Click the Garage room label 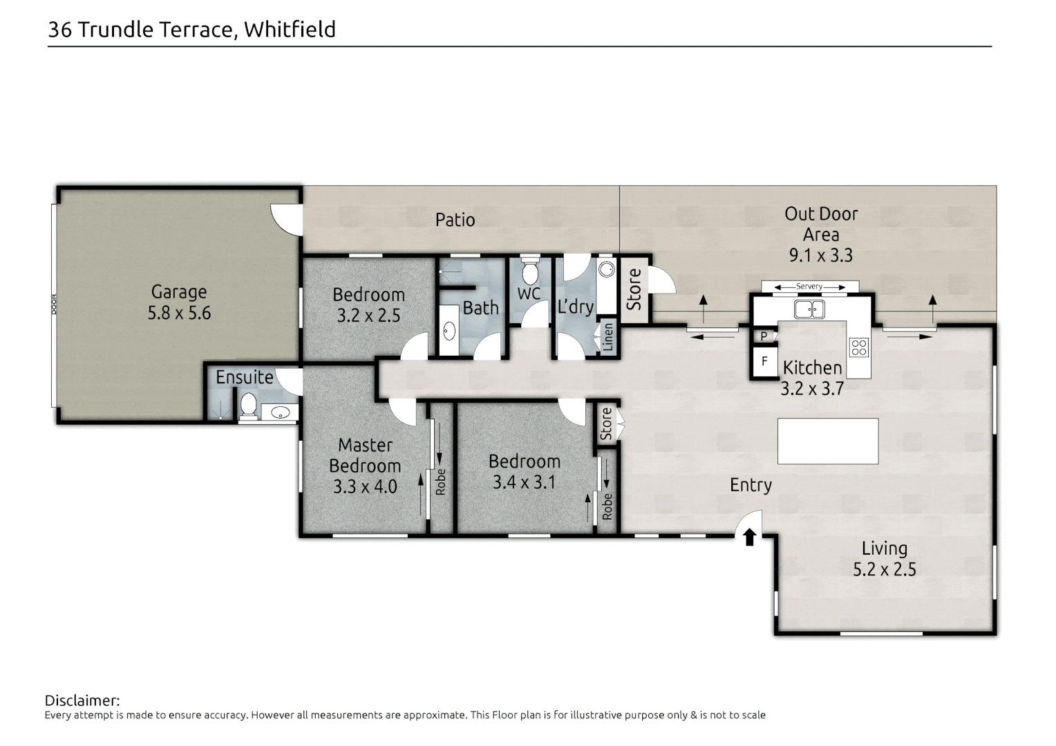(x=179, y=291)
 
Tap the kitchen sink (x=809, y=309)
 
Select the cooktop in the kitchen (x=859, y=347)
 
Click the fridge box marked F (x=764, y=361)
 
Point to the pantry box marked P (x=764, y=336)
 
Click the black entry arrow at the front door (x=750, y=537)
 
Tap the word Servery (x=809, y=286)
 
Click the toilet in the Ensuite (x=248, y=407)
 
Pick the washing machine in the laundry (x=606, y=269)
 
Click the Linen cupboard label (x=608, y=337)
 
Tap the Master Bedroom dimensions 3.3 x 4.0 (x=365, y=486)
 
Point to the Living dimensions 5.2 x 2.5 (x=885, y=568)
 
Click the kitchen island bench (x=828, y=441)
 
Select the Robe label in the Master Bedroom (x=440, y=481)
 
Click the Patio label (x=455, y=220)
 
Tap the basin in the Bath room (x=449, y=332)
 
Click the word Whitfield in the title (x=290, y=29)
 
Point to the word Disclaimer (x=82, y=700)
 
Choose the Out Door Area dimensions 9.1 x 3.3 (x=821, y=255)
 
